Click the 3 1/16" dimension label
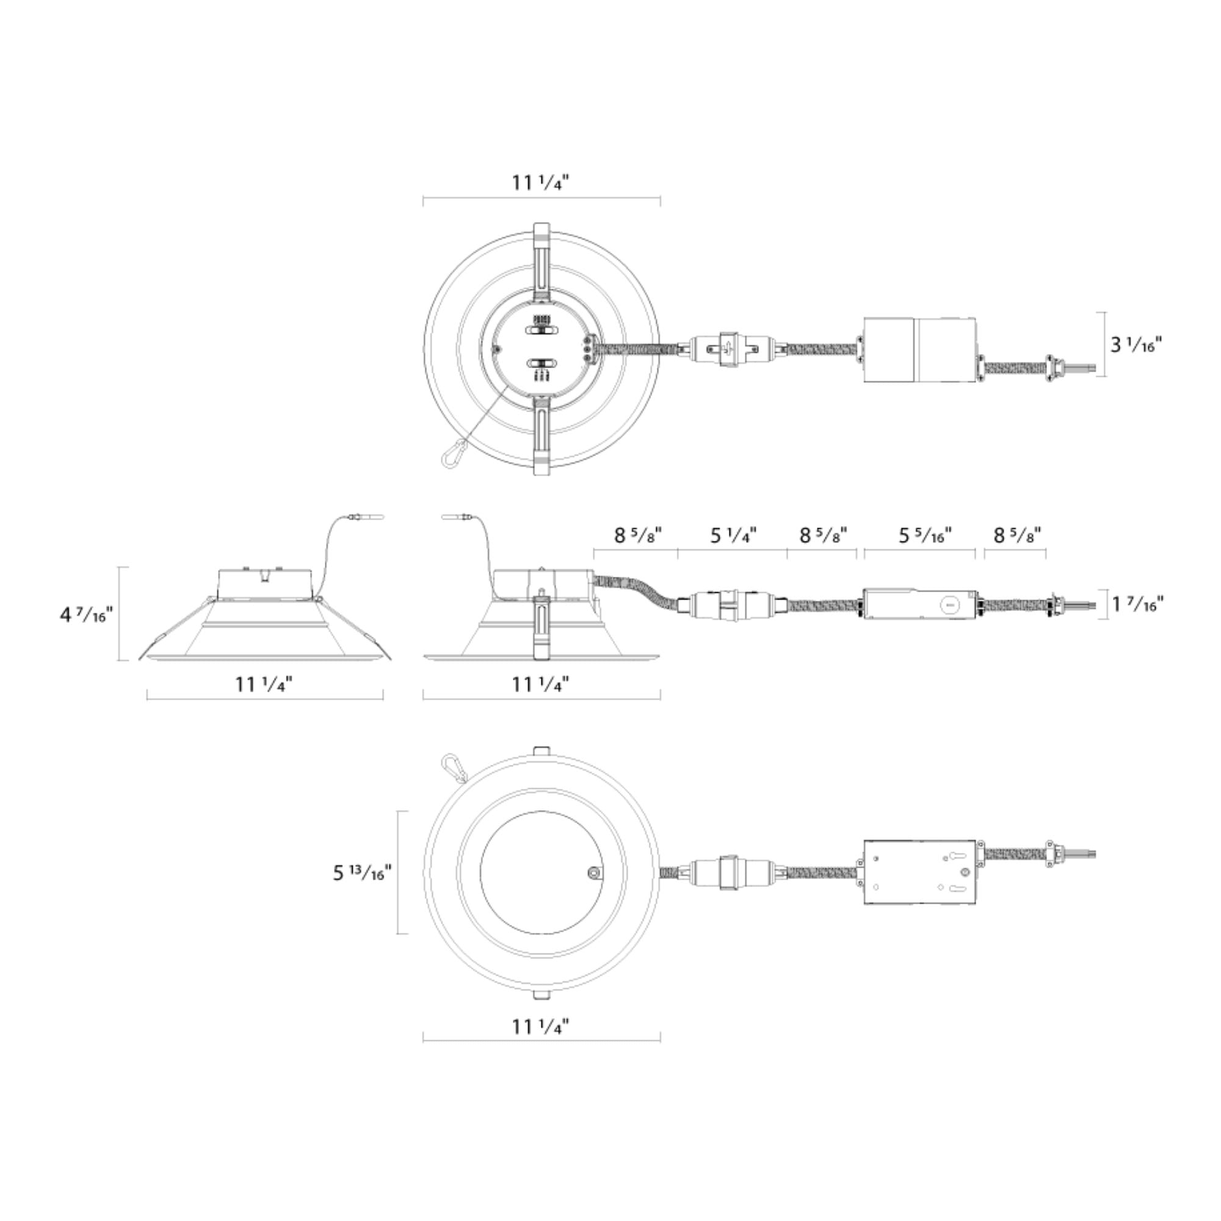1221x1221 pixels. click(x=1136, y=345)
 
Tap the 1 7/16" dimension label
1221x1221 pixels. click(x=1137, y=605)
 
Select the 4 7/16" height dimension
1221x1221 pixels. click(x=86, y=614)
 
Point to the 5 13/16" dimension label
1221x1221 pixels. click(x=362, y=873)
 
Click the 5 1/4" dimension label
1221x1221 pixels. click(x=733, y=535)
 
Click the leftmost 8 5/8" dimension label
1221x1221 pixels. click(x=639, y=535)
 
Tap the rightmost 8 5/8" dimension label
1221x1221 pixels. click(x=1018, y=535)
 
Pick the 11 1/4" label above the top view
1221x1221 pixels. click(x=541, y=183)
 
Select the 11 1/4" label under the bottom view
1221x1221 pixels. click(x=541, y=1045)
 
